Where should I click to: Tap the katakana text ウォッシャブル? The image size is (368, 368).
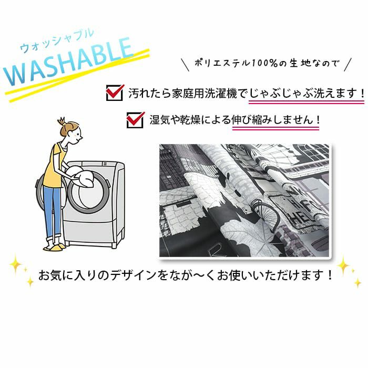[x=57, y=40]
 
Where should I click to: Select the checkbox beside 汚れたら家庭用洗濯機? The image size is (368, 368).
[x=114, y=93]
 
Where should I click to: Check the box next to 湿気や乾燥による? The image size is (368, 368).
[x=135, y=120]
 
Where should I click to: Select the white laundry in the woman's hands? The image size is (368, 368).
[x=80, y=176]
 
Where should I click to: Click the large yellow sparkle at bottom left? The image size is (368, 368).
[x=16, y=264]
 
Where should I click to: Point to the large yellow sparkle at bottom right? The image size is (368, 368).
[x=343, y=265]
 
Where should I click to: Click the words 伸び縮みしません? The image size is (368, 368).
[x=272, y=120]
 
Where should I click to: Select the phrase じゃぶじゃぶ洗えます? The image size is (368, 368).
[x=303, y=93]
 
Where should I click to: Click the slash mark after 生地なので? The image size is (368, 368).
[x=347, y=64]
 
